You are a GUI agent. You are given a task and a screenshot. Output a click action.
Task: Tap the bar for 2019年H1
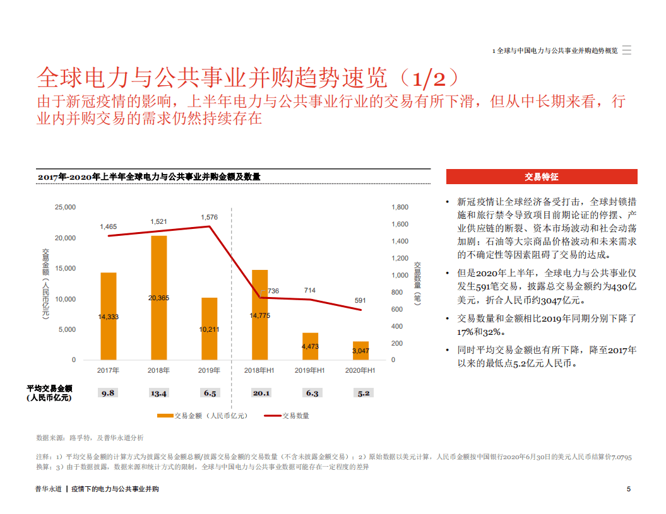click(310, 346)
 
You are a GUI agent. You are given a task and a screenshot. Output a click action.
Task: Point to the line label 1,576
click(210, 218)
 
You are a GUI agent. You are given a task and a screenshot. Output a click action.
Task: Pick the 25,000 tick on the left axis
click(65, 207)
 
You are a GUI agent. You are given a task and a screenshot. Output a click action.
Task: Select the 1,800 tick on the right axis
click(400, 207)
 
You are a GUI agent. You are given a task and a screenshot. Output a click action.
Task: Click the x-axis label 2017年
click(108, 371)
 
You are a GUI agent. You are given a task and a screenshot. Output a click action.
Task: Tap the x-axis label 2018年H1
click(259, 371)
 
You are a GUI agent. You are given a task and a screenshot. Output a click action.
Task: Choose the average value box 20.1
click(261, 393)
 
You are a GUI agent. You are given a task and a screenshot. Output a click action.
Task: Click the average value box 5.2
click(363, 393)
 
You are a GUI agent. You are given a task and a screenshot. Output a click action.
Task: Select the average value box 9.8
click(108, 393)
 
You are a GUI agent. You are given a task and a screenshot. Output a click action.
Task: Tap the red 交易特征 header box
click(541, 177)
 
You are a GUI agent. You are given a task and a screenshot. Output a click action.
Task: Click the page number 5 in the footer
click(628, 489)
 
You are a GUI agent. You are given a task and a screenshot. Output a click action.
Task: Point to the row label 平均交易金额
click(50, 388)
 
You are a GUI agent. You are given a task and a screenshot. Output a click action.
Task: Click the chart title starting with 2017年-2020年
click(149, 177)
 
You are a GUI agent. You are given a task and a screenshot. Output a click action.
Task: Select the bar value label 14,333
click(108, 317)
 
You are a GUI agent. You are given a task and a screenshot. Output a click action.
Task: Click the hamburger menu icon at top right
click(626, 50)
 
